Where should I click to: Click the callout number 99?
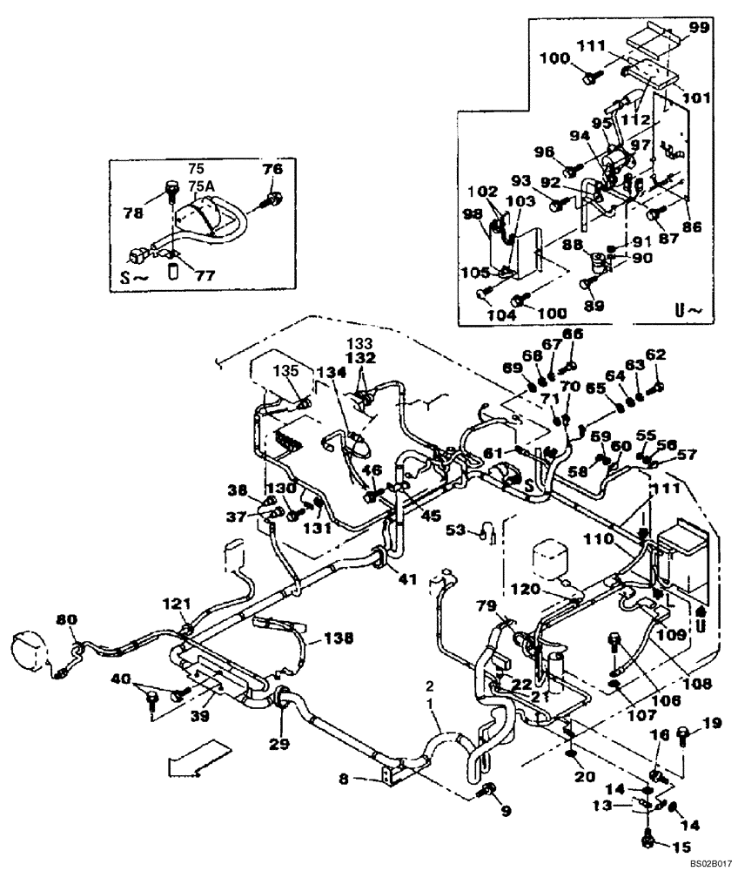(x=701, y=28)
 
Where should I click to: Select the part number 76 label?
(x=272, y=170)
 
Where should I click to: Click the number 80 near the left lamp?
(x=66, y=619)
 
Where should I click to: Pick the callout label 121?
(x=178, y=604)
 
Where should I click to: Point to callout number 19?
(x=712, y=721)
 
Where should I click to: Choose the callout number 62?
(x=654, y=355)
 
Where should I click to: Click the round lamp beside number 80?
(x=30, y=649)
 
